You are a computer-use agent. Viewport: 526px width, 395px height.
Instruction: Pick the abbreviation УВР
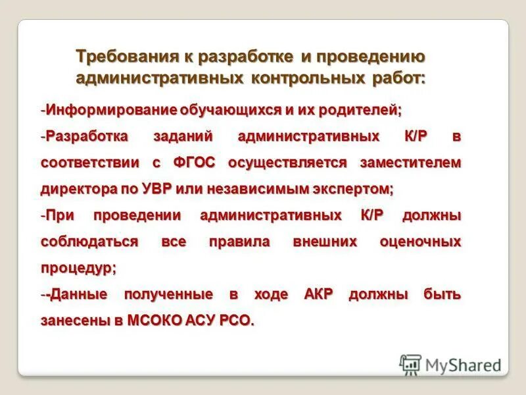pos(155,189)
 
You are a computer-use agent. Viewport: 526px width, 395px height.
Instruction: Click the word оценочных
pos(420,242)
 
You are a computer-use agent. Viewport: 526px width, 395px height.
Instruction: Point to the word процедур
pos(78,268)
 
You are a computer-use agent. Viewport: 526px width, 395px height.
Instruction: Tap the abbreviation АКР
pos(319,294)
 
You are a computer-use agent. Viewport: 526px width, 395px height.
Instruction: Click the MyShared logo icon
pos(410,364)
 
